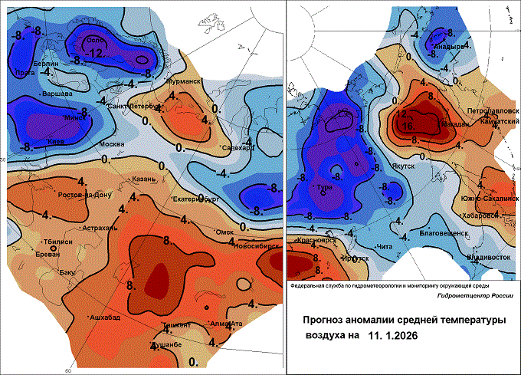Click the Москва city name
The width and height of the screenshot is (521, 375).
[112, 144]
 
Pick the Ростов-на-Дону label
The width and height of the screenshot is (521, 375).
[85, 194]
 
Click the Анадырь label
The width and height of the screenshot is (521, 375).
[449, 46]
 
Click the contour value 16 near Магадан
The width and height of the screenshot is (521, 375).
[409, 123]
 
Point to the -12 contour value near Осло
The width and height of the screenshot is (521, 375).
[95, 53]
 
